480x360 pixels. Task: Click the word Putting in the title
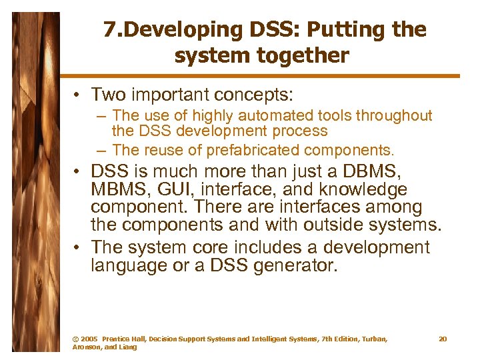pos(345,30)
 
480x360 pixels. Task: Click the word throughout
pos(394,116)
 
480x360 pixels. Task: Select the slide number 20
pos(443,339)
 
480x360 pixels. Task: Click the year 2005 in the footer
pos(89,339)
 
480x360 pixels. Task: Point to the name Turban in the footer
pos(371,339)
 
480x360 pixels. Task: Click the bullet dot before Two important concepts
pos(79,95)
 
